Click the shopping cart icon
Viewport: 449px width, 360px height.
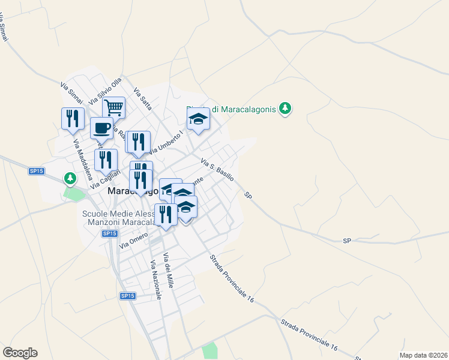[x=113, y=108]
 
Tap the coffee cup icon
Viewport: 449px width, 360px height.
[x=101, y=128]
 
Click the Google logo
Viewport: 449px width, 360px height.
[x=20, y=353]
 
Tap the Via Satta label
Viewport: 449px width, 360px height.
[x=143, y=99]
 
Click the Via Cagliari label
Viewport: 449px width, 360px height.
[x=101, y=179]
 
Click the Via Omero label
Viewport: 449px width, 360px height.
[x=133, y=241]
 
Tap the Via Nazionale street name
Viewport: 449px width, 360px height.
[x=156, y=280]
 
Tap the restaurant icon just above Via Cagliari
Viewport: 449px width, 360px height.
[x=106, y=160]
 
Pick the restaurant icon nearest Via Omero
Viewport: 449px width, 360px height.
[x=166, y=214]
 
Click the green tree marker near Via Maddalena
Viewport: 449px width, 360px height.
[x=71, y=178]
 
